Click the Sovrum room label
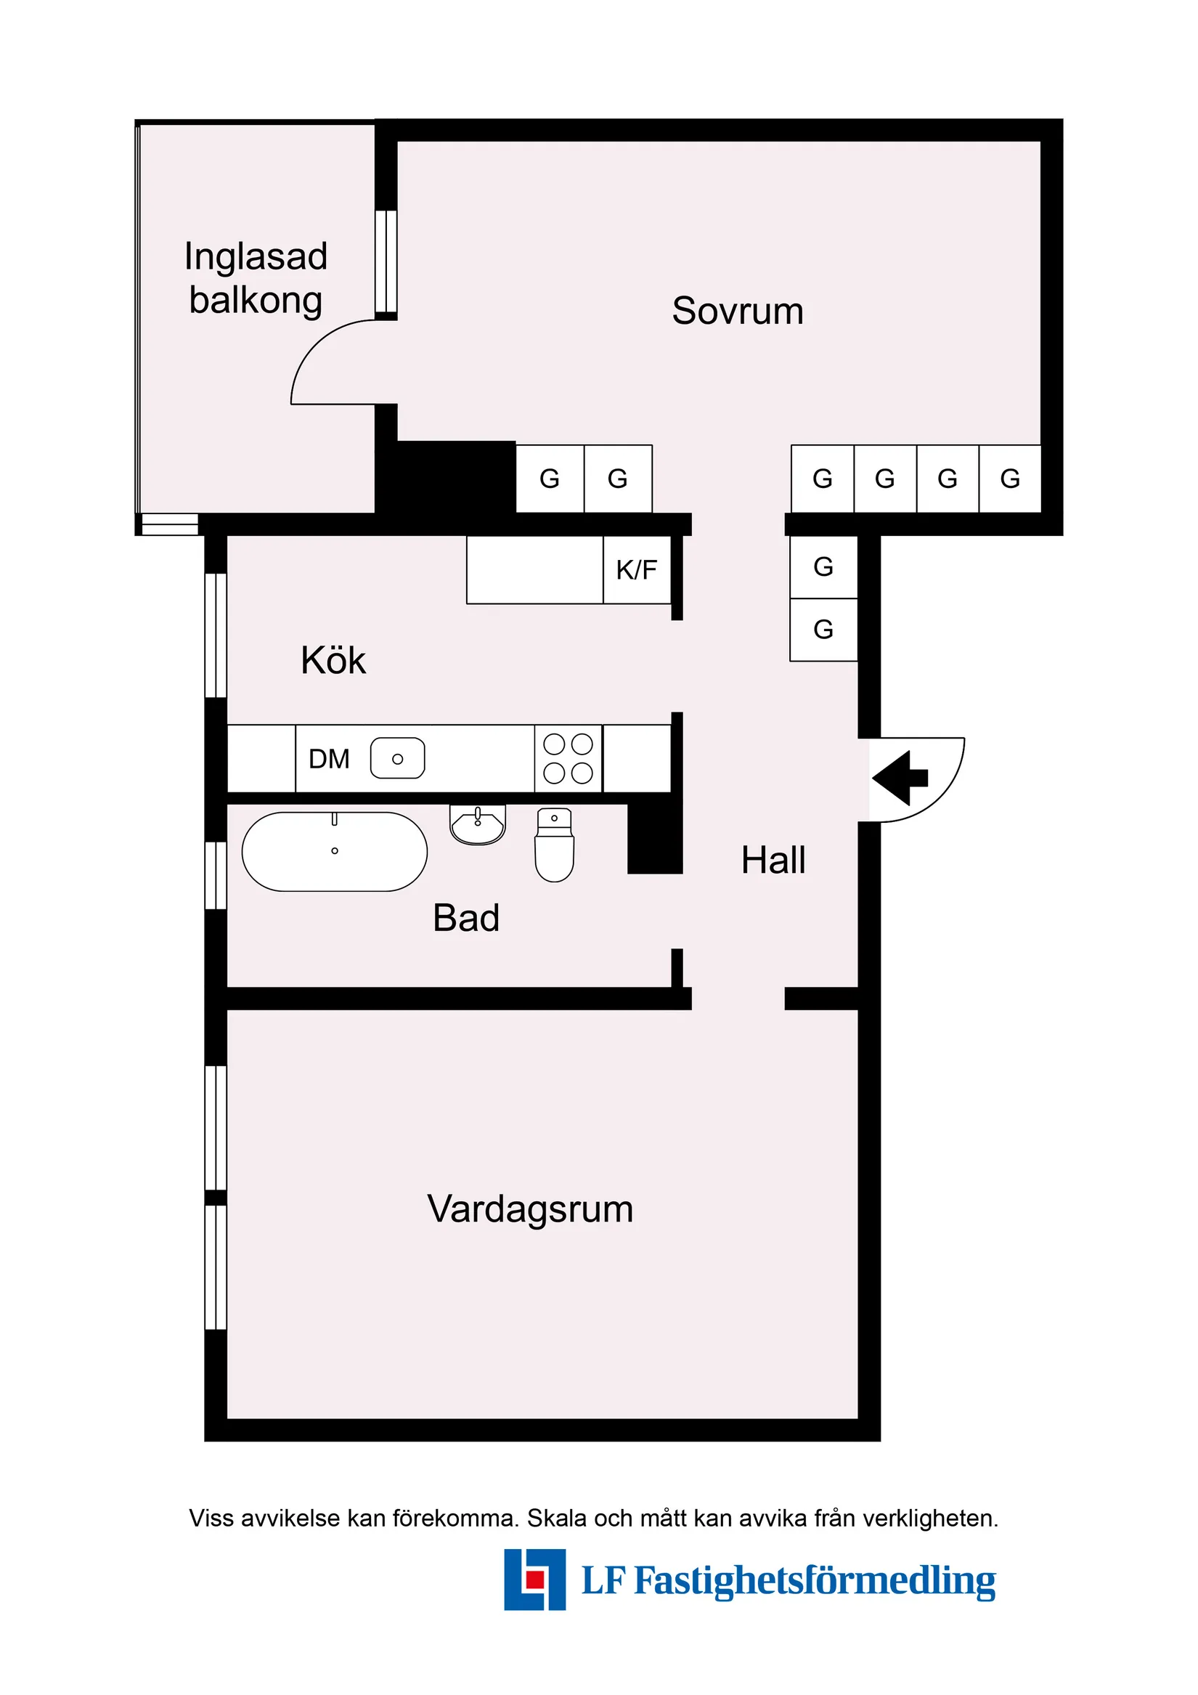click(738, 311)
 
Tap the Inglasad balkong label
click(256, 278)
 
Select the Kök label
click(333, 660)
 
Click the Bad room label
click(465, 919)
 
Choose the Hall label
click(773, 860)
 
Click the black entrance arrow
click(900, 778)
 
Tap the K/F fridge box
click(637, 570)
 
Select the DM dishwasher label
click(329, 759)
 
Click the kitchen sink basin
click(397, 759)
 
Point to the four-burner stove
click(569, 759)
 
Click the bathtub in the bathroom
click(335, 852)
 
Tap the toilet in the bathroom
click(554, 845)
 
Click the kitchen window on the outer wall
click(216, 635)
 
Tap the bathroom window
click(216, 876)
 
